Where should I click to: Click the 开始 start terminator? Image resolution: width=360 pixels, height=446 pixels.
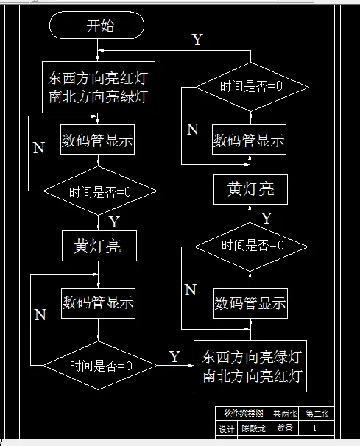coord(96,26)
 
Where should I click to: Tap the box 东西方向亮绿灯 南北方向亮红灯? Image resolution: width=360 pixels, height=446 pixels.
coord(251,367)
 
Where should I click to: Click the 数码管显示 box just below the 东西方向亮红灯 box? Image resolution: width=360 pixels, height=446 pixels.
coord(98,141)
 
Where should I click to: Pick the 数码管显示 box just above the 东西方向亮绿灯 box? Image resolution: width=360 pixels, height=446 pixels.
coord(250,303)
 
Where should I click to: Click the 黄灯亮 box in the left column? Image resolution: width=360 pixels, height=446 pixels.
coord(98,247)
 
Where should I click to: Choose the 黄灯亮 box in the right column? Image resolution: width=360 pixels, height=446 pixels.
coord(250,189)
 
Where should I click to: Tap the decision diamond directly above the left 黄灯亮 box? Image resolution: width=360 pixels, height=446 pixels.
coord(100,193)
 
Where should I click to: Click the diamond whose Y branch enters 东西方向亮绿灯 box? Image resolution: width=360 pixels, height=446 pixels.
coord(100,366)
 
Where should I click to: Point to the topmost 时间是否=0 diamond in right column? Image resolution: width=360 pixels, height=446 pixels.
coord(251,87)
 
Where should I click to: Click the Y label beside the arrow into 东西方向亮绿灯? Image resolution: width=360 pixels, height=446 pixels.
coord(174,357)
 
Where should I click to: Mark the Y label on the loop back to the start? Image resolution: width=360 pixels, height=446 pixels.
coord(197,40)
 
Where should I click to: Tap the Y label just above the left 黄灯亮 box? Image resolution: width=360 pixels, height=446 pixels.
coord(114,221)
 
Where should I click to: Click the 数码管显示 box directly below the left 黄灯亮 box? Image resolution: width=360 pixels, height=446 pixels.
coord(98,302)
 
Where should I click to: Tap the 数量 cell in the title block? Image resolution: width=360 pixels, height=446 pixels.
coord(285,428)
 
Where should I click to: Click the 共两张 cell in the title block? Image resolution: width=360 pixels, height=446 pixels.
coord(286,414)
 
